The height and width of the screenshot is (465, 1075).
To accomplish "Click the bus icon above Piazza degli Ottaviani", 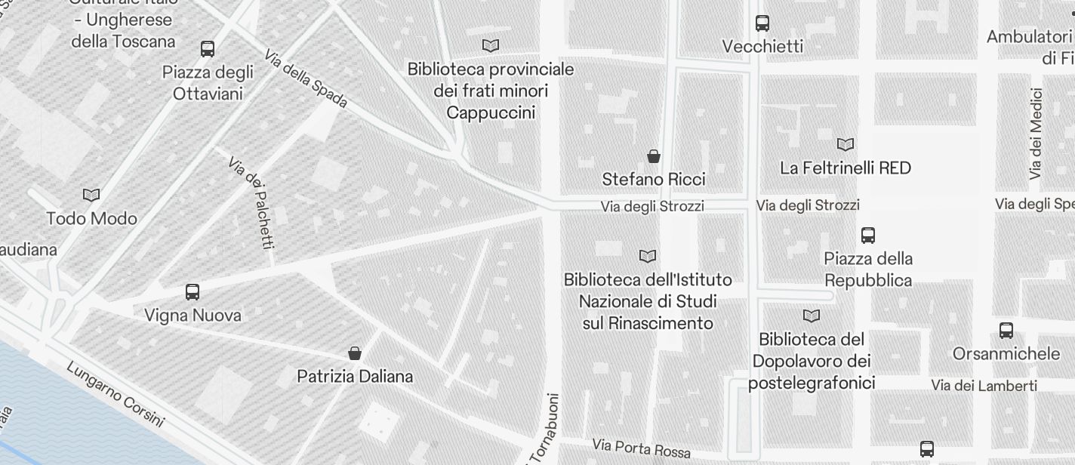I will coord(208,49).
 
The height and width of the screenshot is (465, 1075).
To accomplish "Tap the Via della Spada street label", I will coord(306,79).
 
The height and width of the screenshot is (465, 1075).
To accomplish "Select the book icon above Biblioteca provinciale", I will coord(491,46).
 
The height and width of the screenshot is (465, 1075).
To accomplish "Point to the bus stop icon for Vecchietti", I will coord(762,23).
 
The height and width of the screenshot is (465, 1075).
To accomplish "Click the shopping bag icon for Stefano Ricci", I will coord(654,156).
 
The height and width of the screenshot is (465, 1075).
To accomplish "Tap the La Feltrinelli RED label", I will coord(846,168).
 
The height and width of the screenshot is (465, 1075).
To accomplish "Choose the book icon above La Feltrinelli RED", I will coord(846,144).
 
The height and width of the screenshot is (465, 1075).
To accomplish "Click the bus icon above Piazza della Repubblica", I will coord(868,236).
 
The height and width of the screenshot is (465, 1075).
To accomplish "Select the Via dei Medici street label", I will coord(1036,134).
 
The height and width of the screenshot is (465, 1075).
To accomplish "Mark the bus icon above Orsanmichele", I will coord(1006,330).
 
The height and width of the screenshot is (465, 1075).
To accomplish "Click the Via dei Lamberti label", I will coord(984,386).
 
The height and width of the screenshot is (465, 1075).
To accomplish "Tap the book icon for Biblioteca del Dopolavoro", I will coord(812,316).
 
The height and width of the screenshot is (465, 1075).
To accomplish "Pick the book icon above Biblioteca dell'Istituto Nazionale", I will coord(648,256).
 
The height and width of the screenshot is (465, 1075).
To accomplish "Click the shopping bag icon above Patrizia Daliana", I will coord(355,353).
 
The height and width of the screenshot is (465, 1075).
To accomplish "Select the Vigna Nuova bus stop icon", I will coord(193,292).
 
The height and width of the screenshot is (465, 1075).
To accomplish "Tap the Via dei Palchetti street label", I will coord(251,202).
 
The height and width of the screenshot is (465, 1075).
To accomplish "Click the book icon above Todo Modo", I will coord(91,195).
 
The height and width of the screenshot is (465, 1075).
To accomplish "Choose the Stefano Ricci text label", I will coord(654,180).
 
